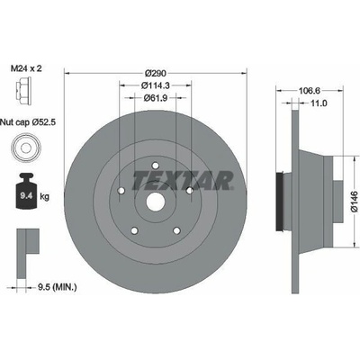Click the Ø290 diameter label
coord(156,73)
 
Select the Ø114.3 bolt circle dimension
coord(156,85)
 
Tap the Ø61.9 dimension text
coord(156,98)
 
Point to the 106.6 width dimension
coord(310,90)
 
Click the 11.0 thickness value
coord(319,103)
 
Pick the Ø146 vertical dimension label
coord(355,202)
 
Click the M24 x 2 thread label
coord(26,68)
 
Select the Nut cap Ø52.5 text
coord(28,122)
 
